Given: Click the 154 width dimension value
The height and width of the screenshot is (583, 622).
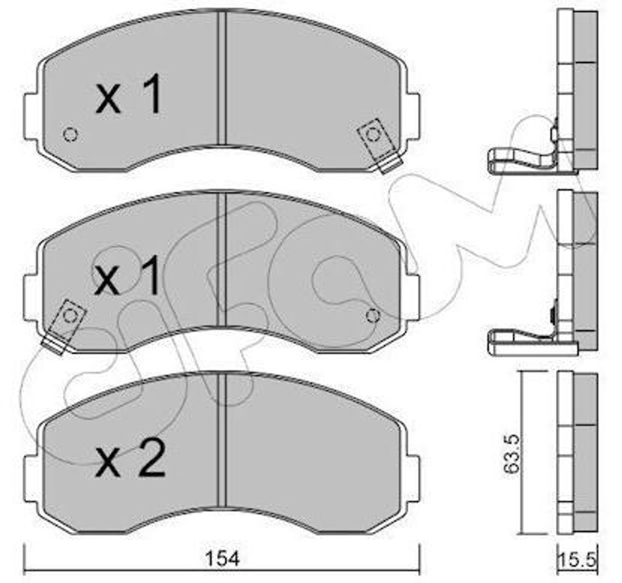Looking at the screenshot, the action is pyautogui.click(x=223, y=559).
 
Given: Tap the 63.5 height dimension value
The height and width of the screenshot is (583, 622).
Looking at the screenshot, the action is pyautogui.click(x=510, y=454).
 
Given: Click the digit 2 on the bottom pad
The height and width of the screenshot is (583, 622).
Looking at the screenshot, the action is pyautogui.click(x=149, y=459).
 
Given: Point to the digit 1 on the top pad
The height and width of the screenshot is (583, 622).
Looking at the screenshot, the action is pyautogui.click(x=152, y=94).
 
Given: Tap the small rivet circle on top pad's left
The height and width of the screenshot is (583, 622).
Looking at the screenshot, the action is pyautogui.click(x=70, y=135).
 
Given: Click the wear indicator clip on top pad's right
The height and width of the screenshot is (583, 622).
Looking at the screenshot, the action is pyautogui.click(x=379, y=145).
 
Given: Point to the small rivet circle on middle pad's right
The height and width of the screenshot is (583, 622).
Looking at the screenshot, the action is pyautogui.click(x=373, y=316).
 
